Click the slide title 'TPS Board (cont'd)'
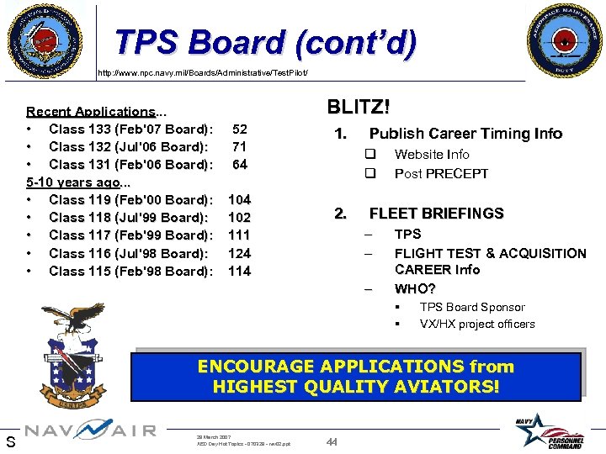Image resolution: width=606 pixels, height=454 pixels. point(265,42)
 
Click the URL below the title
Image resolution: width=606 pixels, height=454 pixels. point(209,73)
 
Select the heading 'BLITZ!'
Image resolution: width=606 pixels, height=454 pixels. point(358,107)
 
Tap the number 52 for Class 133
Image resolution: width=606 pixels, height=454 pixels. point(240,129)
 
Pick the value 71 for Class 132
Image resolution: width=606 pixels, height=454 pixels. point(240,147)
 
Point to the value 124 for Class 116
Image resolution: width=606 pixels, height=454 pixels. point(240,253)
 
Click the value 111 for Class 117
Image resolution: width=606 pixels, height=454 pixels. point(240,235)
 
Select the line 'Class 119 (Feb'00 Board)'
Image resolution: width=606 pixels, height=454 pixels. point(130,200)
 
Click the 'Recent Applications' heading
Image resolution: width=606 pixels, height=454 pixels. point(90,112)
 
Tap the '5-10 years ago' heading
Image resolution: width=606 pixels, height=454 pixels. point(74,182)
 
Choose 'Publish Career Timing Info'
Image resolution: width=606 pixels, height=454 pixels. point(465,134)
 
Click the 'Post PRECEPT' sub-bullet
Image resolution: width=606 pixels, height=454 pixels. point(441,174)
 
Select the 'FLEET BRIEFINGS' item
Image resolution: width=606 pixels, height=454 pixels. point(436,214)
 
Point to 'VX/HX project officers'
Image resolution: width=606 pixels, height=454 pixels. point(477,324)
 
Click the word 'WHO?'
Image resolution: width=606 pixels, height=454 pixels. point(415,289)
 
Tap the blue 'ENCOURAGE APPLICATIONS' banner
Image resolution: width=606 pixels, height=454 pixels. point(355,377)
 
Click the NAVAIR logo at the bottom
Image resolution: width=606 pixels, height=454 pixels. point(90,431)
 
